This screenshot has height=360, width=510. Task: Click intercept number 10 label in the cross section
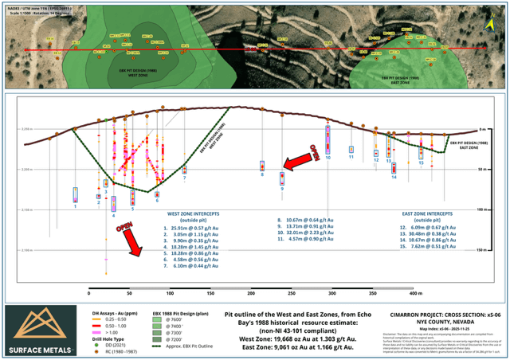328,158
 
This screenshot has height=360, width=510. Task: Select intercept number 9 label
281,189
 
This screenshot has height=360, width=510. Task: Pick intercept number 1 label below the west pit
75,206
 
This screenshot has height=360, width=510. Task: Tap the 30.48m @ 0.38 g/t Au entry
435,234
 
